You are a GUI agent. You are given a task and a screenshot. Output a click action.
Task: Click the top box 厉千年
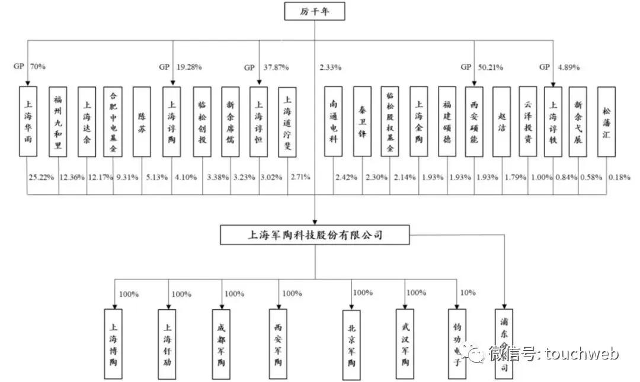[314, 11]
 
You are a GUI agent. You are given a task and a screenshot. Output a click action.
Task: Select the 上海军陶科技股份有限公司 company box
[315, 235]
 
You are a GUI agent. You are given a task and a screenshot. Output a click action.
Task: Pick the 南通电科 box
[333, 121]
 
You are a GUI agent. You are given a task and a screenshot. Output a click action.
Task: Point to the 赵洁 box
[501, 121]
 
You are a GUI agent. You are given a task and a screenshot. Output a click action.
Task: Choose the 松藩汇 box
[606, 121]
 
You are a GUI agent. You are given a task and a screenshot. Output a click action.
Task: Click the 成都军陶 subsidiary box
[222, 344]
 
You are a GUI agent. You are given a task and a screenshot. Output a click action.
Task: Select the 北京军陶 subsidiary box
[352, 344]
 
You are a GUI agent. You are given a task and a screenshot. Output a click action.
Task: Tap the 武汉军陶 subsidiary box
[405, 344]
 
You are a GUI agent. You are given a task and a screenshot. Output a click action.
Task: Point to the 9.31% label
[126, 177]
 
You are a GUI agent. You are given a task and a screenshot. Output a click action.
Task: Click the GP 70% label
[29, 67]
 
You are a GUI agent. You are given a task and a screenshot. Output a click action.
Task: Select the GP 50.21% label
[484, 67]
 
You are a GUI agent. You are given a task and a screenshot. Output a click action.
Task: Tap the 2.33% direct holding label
[330, 67]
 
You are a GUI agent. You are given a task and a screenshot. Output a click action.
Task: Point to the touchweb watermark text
[554, 354]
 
